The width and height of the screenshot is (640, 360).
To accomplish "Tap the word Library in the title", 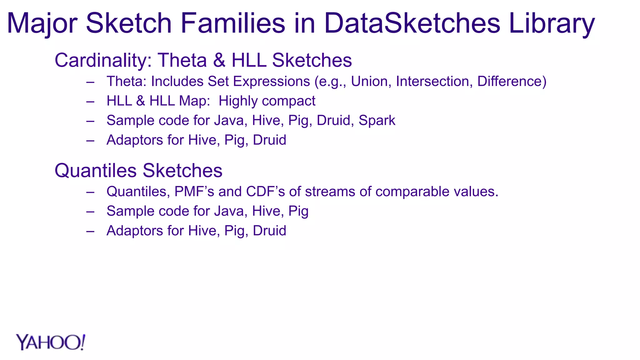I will point(552,23).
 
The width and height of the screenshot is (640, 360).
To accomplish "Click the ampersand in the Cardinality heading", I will point(219,60).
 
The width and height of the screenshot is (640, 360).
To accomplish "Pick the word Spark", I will point(377,120).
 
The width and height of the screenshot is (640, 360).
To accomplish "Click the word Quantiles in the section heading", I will point(96,171).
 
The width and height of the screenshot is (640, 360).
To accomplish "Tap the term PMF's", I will point(194,192).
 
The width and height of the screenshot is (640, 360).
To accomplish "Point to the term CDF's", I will point(265,192).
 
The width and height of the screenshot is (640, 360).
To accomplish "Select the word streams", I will point(330,192).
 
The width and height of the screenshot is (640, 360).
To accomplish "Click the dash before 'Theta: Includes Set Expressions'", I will point(90,82).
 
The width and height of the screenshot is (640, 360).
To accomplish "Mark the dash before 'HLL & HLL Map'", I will point(90,102).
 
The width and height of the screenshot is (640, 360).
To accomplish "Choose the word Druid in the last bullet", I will point(269,231).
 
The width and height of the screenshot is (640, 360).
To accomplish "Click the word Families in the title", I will point(233,23).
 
